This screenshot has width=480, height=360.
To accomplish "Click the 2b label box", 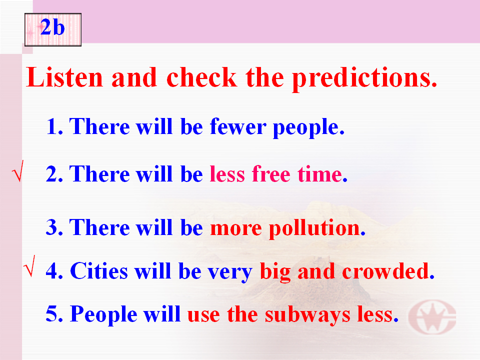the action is (x=53, y=29).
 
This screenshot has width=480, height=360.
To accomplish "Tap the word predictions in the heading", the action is (x=364, y=78).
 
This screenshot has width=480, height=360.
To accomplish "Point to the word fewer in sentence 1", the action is (x=238, y=126).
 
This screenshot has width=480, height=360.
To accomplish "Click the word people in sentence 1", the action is (x=308, y=128).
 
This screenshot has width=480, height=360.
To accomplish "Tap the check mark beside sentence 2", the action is (x=18, y=171).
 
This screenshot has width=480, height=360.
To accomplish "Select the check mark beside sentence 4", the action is (x=29, y=266).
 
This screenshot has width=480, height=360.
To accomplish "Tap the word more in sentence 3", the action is (x=236, y=229).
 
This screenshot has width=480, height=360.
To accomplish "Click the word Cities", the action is (x=99, y=271).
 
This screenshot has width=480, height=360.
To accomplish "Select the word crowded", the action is (x=388, y=271).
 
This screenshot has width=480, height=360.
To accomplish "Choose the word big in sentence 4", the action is (x=275, y=272).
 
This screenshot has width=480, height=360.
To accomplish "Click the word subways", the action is (x=307, y=315).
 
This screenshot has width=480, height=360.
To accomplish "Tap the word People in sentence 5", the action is (x=103, y=314).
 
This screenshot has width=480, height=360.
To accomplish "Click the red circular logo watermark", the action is (x=432, y=317).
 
